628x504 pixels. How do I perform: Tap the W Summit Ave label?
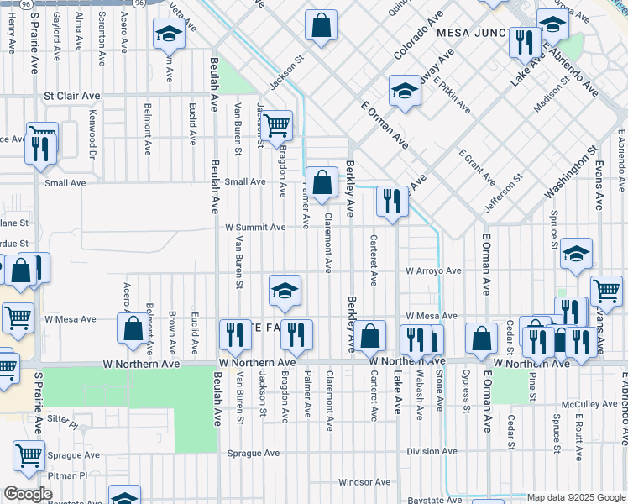coord(255,227)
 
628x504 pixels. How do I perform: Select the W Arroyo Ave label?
coord(433,271)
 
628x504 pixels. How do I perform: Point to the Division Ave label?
coord(432,451)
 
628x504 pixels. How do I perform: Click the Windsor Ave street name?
coord(364,482)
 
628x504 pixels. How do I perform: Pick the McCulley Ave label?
coord(589,404)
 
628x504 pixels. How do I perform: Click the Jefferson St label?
coord(504,191)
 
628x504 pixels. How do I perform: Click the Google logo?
coord(28,494)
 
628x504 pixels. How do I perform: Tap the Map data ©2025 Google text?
coord(575,497)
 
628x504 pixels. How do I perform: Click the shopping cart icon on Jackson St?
coord(275,126)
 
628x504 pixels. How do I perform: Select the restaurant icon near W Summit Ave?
coord(391,202)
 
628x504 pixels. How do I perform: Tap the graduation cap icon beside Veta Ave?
coord(169,34)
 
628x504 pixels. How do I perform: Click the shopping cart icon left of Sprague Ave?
coord(29,455)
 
